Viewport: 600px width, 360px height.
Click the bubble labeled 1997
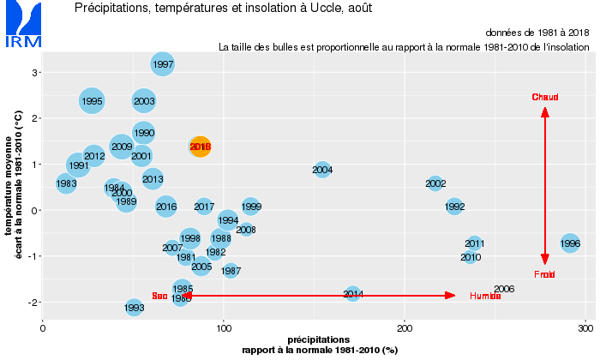[163, 63]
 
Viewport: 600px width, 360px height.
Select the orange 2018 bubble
[200, 147]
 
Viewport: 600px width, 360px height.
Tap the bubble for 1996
[570, 243]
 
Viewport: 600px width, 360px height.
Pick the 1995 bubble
[92, 101]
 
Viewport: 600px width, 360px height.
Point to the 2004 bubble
[322, 170]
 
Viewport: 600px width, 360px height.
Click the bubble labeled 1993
[134, 307]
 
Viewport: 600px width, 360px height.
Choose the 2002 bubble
[435, 183]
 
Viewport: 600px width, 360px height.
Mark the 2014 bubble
[353, 294]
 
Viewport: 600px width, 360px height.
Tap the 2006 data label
[504, 289]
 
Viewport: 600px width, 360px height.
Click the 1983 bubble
[66, 183]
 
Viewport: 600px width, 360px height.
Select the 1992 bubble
[454, 207]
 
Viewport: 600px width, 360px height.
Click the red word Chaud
[545, 97]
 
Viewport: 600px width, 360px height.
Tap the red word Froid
[545, 274]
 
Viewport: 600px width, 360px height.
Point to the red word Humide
[484, 296]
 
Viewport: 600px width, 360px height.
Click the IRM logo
[22, 26]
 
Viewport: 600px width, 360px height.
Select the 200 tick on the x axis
[405, 327]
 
